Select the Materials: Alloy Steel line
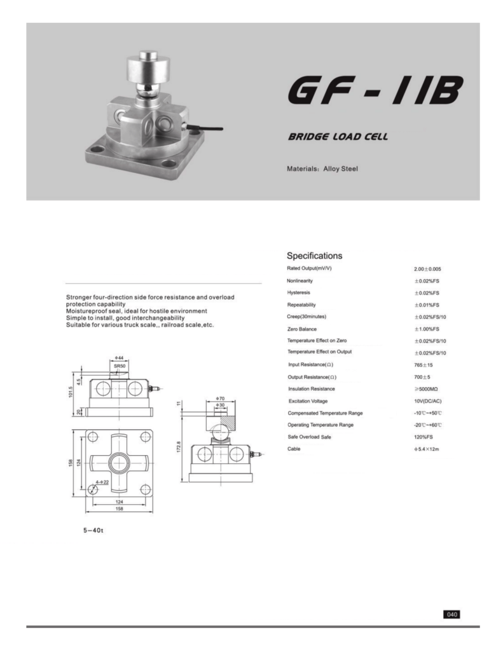pyautogui.click(x=323, y=169)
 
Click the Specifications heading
pyautogui.click(x=314, y=256)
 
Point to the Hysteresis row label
pyautogui.click(x=298, y=292)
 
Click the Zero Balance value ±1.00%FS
pyautogui.click(x=427, y=329)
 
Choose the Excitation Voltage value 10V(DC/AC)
pyautogui.click(x=427, y=401)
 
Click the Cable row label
pyautogui.click(x=294, y=449)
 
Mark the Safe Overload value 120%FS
pyautogui.click(x=424, y=437)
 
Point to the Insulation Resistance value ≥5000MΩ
pyautogui.click(x=427, y=389)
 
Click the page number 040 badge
pyautogui.click(x=451, y=614)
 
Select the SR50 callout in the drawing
pyautogui.click(x=119, y=367)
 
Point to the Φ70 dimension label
pyautogui.click(x=220, y=398)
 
